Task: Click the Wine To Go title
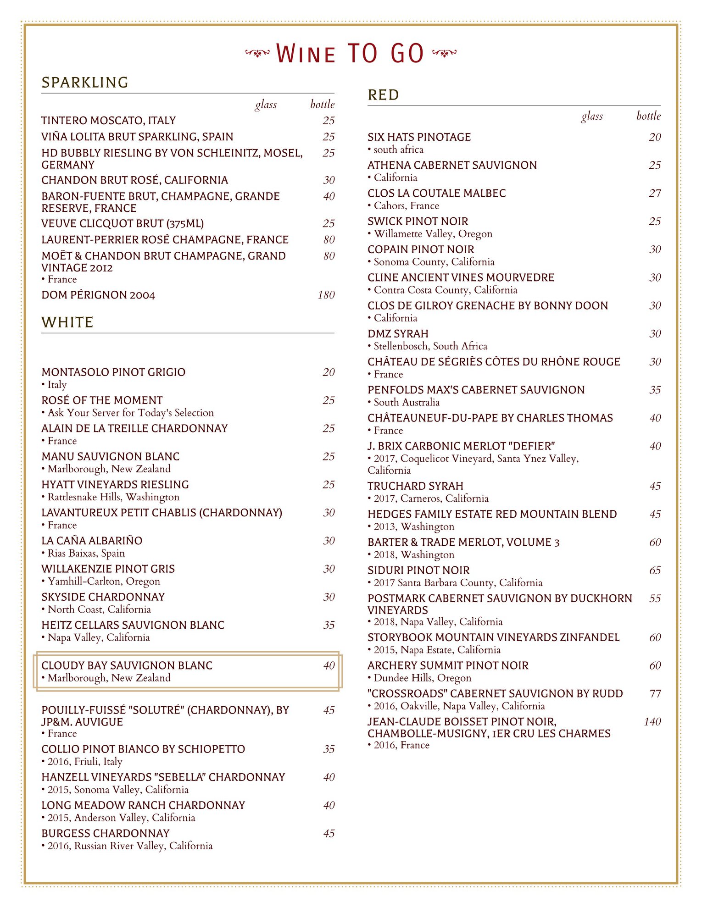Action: (x=350, y=54)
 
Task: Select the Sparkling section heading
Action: (x=85, y=83)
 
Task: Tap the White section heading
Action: (x=67, y=322)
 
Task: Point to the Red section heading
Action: (x=383, y=95)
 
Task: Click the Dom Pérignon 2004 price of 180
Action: (x=326, y=295)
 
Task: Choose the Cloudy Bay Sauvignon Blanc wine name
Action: (x=127, y=665)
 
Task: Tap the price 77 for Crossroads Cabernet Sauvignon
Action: (x=655, y=693)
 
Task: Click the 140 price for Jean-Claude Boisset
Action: (x=652, y=722)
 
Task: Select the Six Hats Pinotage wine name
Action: (x=419, y=137)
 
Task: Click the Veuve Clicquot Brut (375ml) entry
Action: (x=123, y=224)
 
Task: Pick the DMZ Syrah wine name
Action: (x=398, y=334)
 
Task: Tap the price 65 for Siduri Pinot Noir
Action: (x=655, y=570)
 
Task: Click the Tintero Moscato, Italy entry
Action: (x=109, y=121)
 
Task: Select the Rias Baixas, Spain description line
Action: (x=86, y=553)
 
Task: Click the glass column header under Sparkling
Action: (x=266, y=105)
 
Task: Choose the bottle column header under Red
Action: (x=648, y=116)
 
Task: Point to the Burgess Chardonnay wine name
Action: (x=106, y=833)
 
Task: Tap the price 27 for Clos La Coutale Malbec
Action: (x=655, y=194)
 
